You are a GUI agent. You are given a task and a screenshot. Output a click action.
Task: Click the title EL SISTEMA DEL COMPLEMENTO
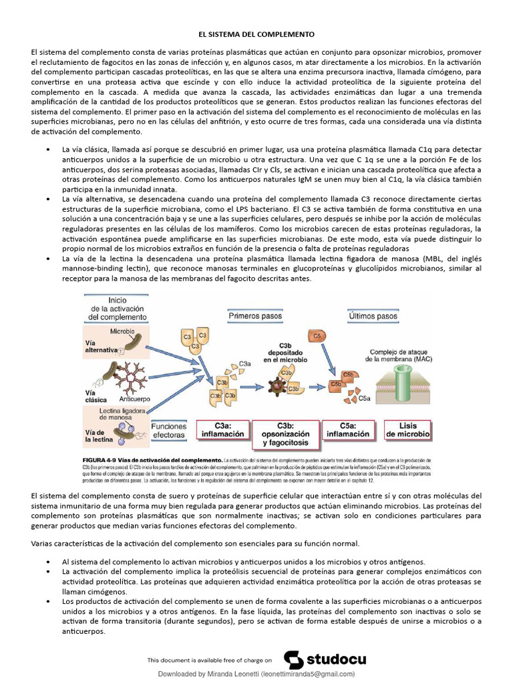tap(256, 33)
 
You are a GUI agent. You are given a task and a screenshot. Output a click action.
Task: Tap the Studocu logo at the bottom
tap(325, 659)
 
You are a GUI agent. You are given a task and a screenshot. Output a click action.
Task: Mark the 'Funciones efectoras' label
tap(168, 430)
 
